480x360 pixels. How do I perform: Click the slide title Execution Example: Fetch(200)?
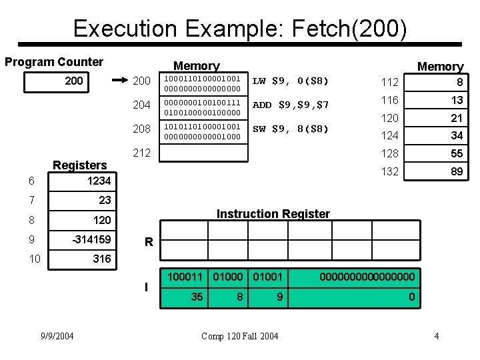click(239, 29)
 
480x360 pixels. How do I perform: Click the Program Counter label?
click(54, 62)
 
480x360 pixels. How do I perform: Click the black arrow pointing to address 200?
click(119, 81)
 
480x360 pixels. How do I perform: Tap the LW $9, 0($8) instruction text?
click(291, 81)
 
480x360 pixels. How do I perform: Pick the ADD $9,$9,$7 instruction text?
click(291, 105)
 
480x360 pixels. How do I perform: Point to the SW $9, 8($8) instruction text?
click(291, 128)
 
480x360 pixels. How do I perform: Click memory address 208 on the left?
click(142, 128)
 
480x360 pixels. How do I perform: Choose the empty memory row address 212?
click(142, 153)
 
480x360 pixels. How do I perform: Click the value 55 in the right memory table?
click(456, 153)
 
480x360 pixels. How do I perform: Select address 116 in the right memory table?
click(389, 100)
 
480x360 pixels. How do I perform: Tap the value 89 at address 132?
click(456, 171)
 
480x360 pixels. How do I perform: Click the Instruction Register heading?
click(273, 214)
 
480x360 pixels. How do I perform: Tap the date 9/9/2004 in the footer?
click(57, 336)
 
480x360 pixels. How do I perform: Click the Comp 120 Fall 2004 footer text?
click(239, 336)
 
